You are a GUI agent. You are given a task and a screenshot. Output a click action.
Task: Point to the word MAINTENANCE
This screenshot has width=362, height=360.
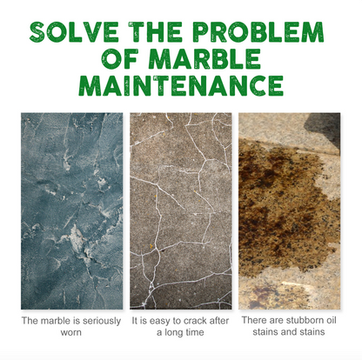pyautogui.click(x=181, y=86)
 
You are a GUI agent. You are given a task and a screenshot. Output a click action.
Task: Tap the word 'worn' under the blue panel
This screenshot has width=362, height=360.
pyautogui.click(x=71, y=332)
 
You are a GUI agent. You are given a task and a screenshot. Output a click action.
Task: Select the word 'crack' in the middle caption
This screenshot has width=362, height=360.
pyautogui.click(x=194, y=321)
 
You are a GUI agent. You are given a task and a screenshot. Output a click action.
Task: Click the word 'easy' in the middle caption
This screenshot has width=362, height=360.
pyautogui.click(x=156, y=322)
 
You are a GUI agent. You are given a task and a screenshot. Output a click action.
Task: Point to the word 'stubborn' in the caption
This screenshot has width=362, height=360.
pyautogui.click(x=307, y=320)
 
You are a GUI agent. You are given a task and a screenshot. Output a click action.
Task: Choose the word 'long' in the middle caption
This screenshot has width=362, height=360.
pyautogui.click(x=174, y=333)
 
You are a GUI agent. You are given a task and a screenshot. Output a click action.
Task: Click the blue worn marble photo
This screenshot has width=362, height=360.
pyautogui.click(x=72, y=211)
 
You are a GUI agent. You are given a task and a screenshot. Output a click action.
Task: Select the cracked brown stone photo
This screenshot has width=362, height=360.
pyautogui.click(x=181, y=211)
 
